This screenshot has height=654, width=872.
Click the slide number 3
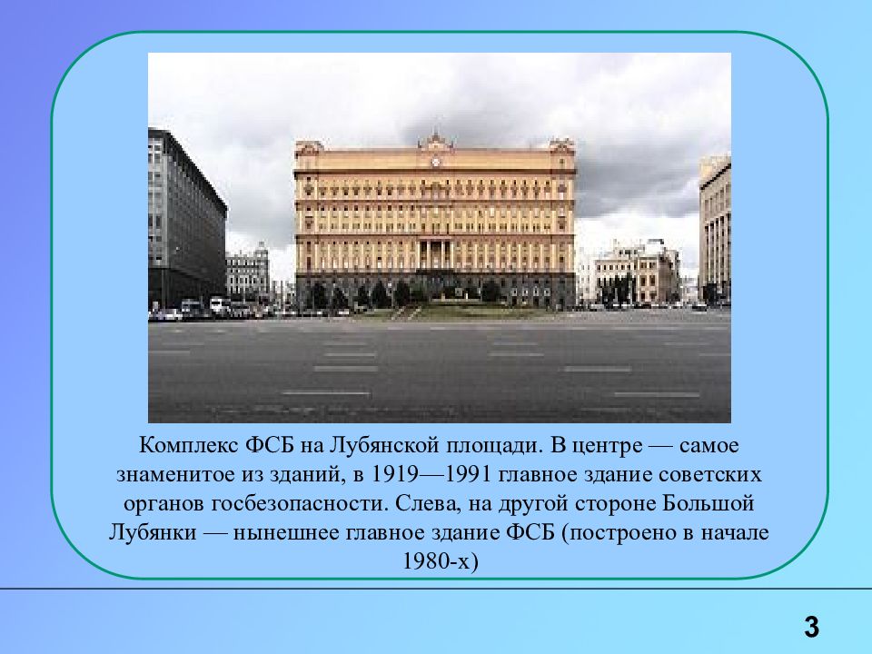(x=811, y=626)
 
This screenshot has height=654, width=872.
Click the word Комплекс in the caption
(x=187, y=447)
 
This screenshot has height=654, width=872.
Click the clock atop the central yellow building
(x=435, y=162)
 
